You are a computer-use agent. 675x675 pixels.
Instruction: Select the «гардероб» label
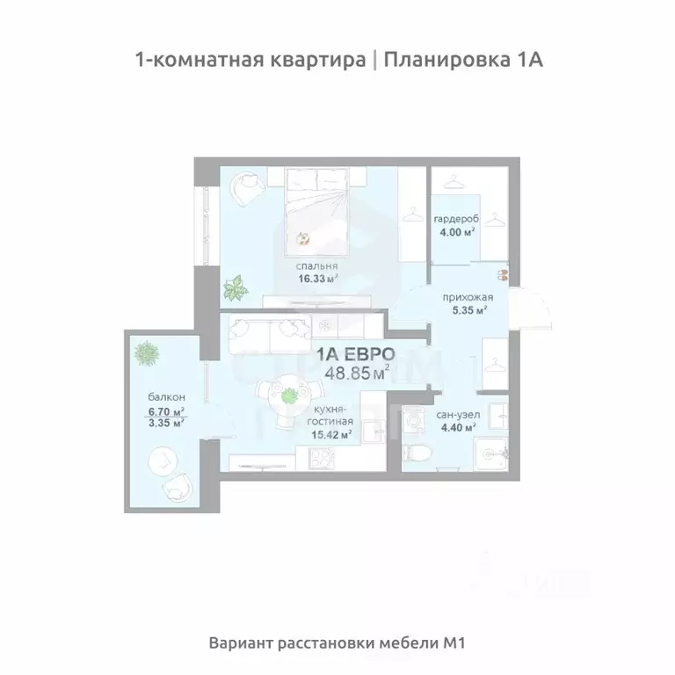454,219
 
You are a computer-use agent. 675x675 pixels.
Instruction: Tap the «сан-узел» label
454,414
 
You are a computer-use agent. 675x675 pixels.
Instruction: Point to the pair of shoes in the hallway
501,273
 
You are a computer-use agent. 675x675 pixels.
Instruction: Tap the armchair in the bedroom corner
245,185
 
